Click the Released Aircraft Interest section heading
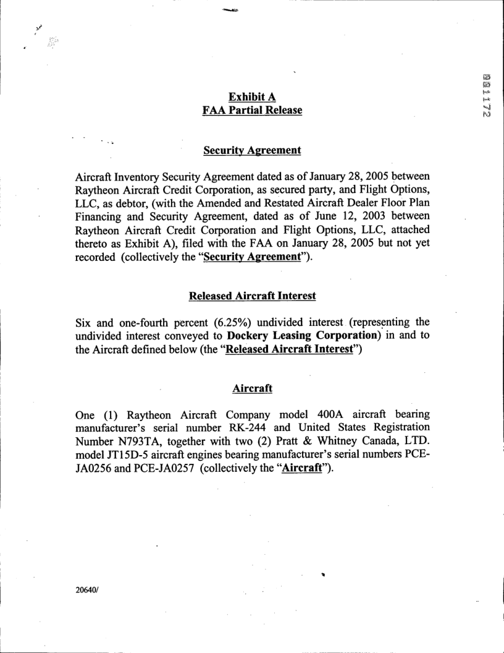(x=252, y=296)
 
